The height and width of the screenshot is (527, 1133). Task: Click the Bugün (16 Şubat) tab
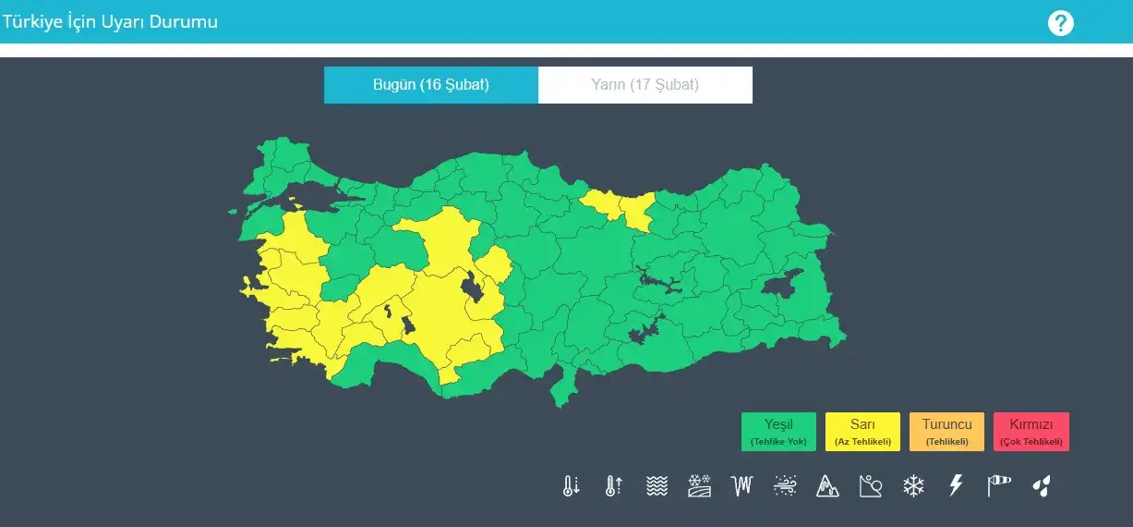(430, 85)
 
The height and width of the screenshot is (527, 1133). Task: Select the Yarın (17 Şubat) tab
(645, 85)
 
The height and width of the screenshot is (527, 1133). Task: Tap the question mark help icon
(1061, 23)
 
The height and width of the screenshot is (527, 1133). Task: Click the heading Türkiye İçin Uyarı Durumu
(110, 21)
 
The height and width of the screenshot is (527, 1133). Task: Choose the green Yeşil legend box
(778, 432)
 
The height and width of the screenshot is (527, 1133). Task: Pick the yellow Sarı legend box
(862, 432)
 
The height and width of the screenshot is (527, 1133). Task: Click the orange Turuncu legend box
(946, 432)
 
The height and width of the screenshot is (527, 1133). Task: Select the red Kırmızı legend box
(1031, 432)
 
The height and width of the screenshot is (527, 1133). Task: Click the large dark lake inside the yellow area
(473, 288)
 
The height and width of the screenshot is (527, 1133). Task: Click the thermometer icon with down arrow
(571, 486)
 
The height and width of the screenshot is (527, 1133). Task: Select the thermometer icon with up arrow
(613, 486)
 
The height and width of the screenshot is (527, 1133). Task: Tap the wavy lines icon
(657, 486)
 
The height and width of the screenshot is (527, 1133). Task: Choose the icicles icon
(742, 486)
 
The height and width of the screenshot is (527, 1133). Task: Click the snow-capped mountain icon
(827, 486)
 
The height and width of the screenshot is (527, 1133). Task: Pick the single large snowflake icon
(913, 486)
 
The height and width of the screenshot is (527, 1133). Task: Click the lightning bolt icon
(956, 486)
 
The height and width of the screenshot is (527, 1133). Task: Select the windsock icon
(999, 486)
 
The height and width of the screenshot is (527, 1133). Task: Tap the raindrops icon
(1042, 486)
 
